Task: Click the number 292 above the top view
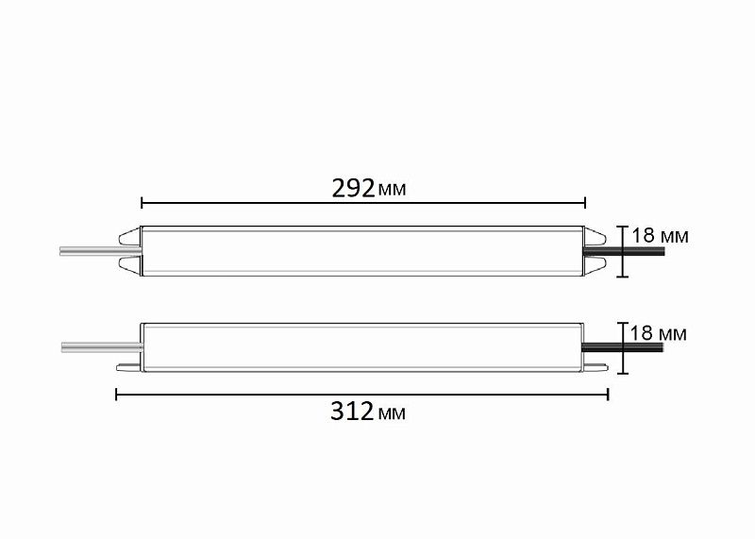pyautogui.click(x=353, y=188)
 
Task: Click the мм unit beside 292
pyautogui.click(x=392, y=190)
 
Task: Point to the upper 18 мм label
pyautogui.click(x=660, y=235)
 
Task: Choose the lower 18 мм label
pyautogui.click(x=658, y=333)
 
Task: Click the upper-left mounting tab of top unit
pyautogui.click(x=130, y=232)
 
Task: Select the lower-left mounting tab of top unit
pyautogui.click(x=130, y=268)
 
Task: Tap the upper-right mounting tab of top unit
pyautogui.click(x=596, y=232)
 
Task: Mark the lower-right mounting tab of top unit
pyautogui.click(x=596, y=268)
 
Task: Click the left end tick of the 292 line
pyautogui.click(x=142, y=201)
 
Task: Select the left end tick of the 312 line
pyautogui.click(x=116, y=394)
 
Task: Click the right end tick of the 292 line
pyautogui.click(x=585, y=201)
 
